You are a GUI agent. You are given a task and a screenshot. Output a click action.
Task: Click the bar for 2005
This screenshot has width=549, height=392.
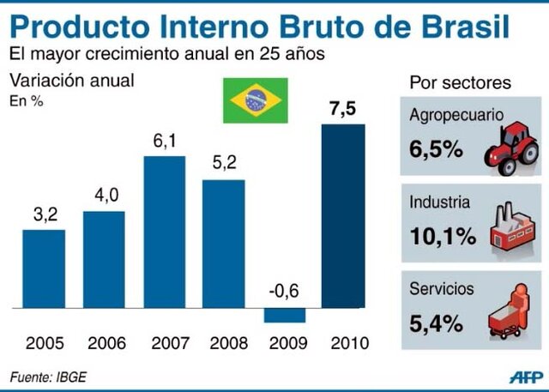point(44,268)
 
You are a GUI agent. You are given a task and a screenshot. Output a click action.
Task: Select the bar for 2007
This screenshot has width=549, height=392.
point(164,232)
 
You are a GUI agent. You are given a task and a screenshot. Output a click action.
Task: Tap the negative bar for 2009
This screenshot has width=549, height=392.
point(283,315)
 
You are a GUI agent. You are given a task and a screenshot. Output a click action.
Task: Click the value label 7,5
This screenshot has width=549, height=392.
point(343,110)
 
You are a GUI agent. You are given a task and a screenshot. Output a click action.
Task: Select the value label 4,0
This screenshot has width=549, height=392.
point(104,196)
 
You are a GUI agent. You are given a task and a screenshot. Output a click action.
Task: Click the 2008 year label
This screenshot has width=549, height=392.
point(224,344)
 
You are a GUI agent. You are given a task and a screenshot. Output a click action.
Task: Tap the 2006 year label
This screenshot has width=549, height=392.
point(104,344)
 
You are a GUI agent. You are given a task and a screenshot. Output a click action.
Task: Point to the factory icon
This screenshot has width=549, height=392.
point(513,229)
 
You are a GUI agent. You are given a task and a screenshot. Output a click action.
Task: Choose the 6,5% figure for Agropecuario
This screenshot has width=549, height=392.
point(437,148)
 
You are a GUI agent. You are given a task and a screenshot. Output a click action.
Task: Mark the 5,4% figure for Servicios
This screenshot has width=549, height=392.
point(437,324)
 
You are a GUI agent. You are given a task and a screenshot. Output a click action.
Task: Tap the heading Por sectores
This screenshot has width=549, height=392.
point(461,83)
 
